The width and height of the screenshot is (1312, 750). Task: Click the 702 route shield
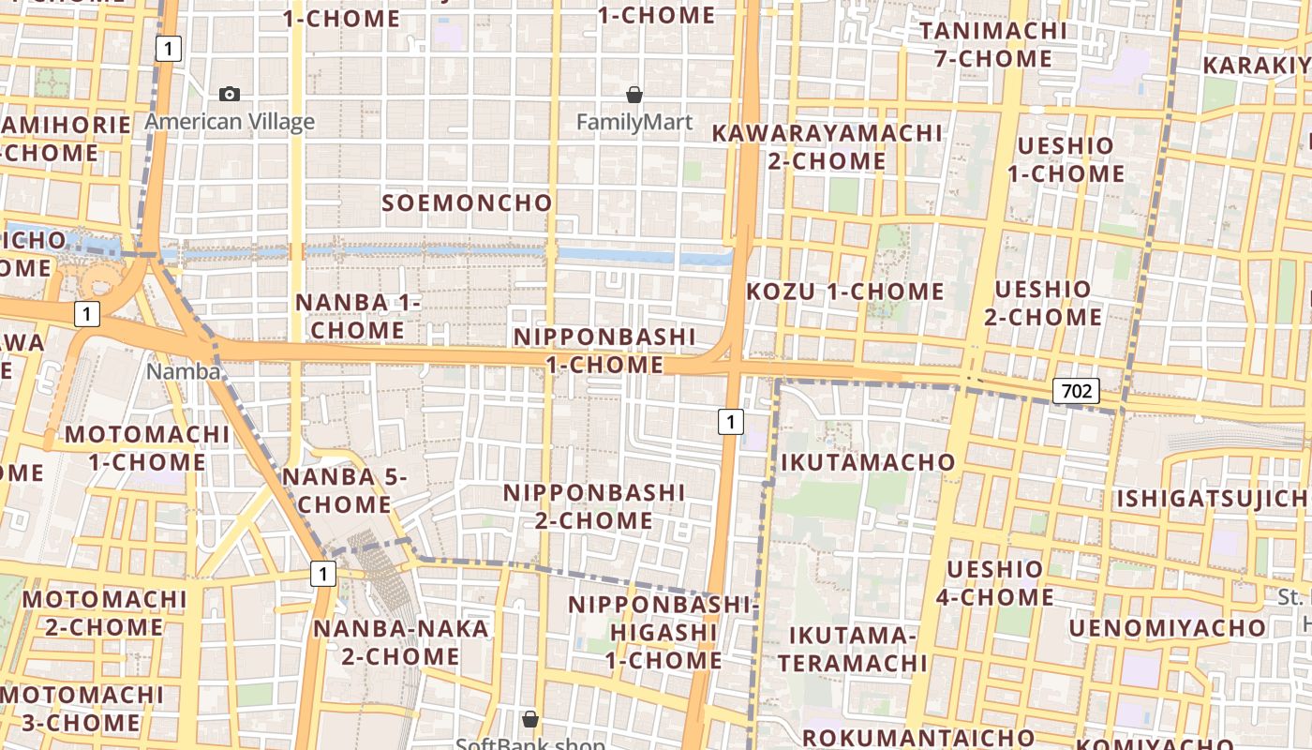(x=1075, y=391)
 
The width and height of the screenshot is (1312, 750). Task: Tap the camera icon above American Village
(x=230, y=94)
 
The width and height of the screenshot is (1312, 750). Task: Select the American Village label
(x=230, y=122)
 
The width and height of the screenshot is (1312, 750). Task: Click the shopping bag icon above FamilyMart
(x=634, y=95)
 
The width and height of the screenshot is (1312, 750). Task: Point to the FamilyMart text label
(x=634, y=122)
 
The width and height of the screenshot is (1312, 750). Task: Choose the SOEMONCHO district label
(x=468, y=202)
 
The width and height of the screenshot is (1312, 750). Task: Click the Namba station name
(x=183, y=371)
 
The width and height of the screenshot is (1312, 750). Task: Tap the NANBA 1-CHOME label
(x=358, y=316)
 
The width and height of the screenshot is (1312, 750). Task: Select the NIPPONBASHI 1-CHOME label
(x=605, y=351)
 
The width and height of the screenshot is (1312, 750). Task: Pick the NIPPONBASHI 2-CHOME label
(x=595, y=506)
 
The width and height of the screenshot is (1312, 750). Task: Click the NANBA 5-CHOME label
(x=345, y=490)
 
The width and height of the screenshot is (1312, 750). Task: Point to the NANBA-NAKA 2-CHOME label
(x=401, y=642)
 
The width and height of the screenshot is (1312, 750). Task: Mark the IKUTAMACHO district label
(x=868, y=462)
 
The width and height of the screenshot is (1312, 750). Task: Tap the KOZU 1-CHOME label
(x=845, y=292)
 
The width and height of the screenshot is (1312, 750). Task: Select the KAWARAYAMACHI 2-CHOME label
(x=827, y=147)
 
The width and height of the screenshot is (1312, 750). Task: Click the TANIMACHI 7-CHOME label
(x=993, y=44)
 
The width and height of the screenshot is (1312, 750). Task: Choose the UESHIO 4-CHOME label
(x=994, y=583)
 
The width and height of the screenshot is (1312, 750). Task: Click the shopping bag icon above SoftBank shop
(x=530, y=719)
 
